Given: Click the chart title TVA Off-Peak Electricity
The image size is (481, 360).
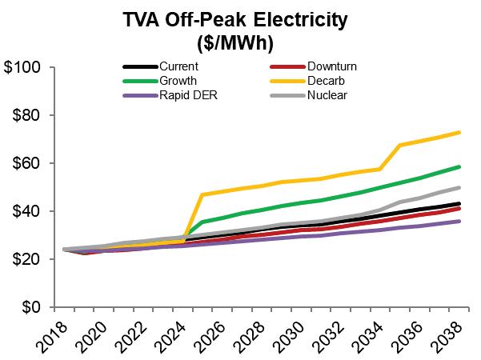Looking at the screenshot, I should pyautogui.click(x=240, y=18).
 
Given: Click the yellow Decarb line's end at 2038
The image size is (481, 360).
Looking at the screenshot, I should pyautogui.click(x=459, y=132).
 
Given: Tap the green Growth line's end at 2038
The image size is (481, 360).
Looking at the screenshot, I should pyautogui.click(x=459, y=166).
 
